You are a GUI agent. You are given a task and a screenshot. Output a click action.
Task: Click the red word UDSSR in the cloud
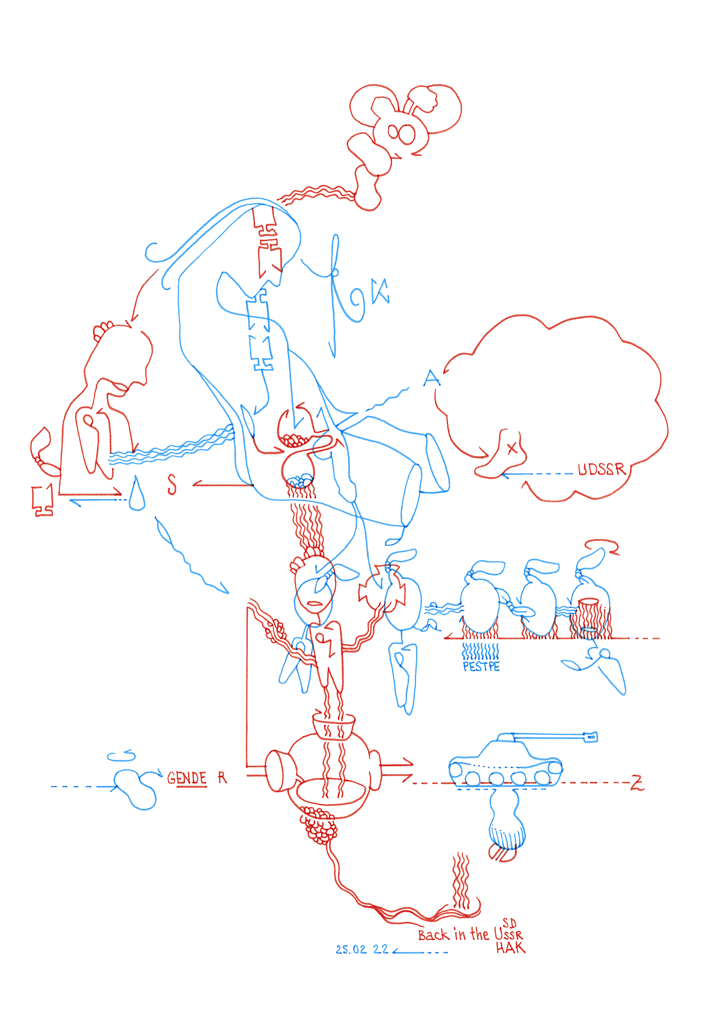601,470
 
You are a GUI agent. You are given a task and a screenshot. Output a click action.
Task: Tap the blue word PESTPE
481,667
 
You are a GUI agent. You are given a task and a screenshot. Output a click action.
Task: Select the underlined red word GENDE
187,778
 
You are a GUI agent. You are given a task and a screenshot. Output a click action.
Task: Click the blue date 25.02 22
362,949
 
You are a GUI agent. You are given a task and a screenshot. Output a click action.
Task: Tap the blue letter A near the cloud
431,378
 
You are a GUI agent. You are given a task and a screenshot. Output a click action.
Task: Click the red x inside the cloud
512,448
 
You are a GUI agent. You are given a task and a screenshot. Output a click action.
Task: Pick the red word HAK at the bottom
510,948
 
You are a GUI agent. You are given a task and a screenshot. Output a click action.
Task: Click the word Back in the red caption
433,935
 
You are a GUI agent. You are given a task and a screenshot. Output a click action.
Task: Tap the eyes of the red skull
401,134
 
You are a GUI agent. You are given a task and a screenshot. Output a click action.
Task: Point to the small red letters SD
509,924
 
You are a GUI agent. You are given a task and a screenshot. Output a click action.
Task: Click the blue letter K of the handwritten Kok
381,291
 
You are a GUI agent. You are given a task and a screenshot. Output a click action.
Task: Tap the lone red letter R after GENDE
222,778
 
